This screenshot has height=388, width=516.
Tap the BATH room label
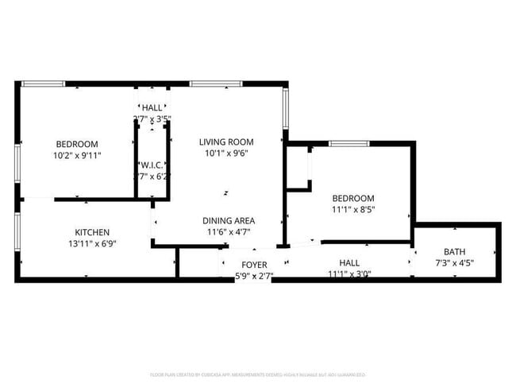tap(455, 251)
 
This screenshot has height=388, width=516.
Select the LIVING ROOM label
tap(226, 142)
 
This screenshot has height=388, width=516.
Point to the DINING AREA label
tap(229, 220)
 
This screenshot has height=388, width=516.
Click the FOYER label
tap(254, 264)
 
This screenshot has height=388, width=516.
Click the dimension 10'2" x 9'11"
tap(77, 156)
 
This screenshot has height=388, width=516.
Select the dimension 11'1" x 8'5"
tap(353, 210)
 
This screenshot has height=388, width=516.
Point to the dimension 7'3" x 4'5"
tap(455, 262)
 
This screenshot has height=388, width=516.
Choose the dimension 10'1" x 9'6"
tap(226, 154)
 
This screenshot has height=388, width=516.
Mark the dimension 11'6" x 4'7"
tap(229, 232)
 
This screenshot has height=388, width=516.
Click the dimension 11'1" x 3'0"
tap(349, 274)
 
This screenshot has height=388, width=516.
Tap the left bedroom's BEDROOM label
tap(77, 144)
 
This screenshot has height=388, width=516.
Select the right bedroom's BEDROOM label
tap(353, 198)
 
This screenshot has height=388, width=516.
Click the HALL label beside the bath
tap(349, 263)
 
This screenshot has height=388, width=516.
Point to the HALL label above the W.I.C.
tap(152, 107)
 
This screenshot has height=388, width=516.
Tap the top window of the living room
tap(216, 83)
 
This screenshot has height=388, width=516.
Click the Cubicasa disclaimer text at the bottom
tap(257, 374)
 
